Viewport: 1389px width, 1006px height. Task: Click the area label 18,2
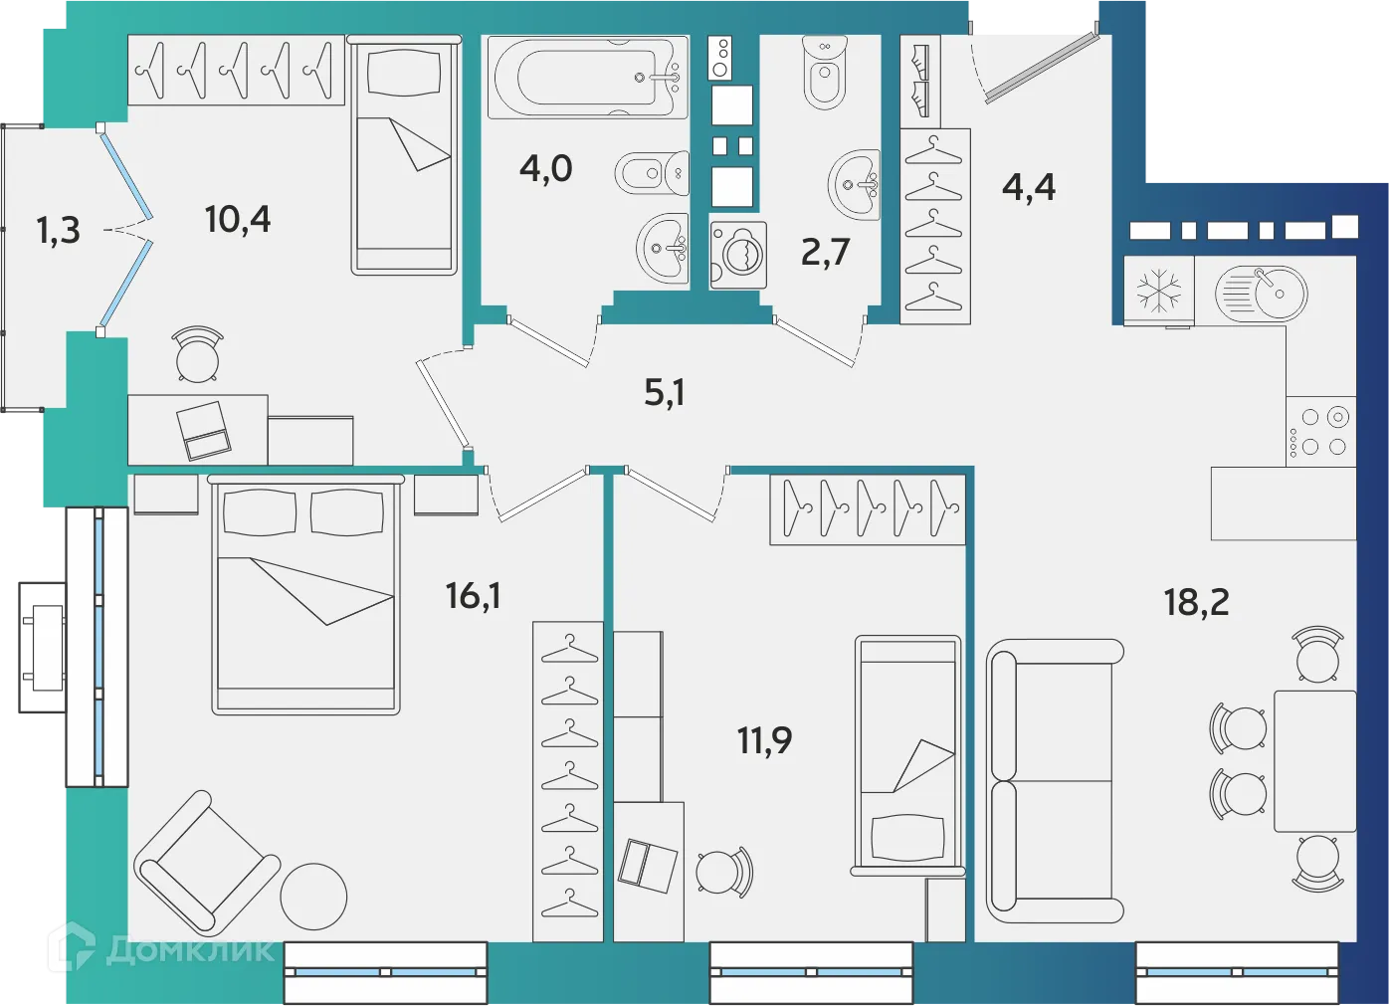[1196, 602]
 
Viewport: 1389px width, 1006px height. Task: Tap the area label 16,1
[473, 596]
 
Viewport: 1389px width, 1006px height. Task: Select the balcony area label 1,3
[58, 231]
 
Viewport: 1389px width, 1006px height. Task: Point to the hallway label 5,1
[664, 393]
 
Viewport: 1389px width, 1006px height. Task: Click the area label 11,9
[764, 740]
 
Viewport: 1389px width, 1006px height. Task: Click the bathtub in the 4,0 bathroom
[587, 77]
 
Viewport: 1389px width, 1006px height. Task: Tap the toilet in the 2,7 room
[825, 74]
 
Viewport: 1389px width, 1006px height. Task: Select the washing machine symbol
[738, 255]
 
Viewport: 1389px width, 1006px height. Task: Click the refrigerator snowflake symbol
[1159, 292]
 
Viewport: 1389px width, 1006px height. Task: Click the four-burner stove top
[1321, 432]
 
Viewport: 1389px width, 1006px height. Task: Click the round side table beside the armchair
[313, 896]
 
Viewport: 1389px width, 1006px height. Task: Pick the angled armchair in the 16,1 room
[206, 863]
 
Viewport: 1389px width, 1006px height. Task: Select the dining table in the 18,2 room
[1314, 761]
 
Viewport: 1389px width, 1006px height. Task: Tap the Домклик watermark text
[189, 950]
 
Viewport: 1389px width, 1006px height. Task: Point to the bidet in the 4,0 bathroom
[653, 173]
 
